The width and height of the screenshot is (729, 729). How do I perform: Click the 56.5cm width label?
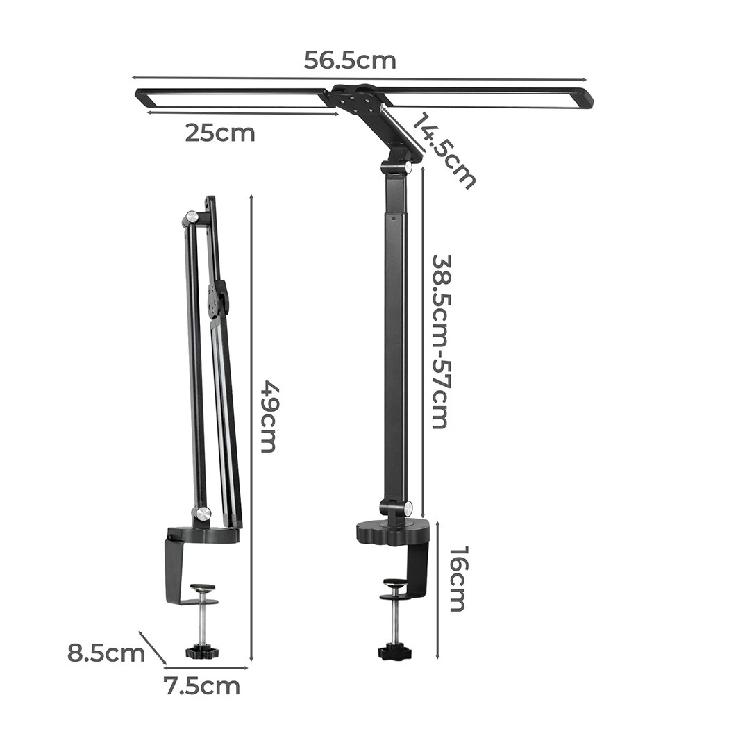pyautogui.click(x=350, y=60)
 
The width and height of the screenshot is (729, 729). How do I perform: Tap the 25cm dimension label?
pyautogui.click(x=219, y=132)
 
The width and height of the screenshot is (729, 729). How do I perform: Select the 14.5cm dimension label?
pyautogui.click(x=444, y=151)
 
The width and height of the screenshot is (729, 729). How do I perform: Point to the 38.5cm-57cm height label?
pyautogui.click(x=440, y=342)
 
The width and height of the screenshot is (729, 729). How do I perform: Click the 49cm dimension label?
pyautogui.click(x=268, y=416)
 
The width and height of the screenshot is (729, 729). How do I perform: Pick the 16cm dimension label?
pyautogui.click(x=457, y=578)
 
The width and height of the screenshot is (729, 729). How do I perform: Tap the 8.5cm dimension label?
pyautogui.click(x=106, y=653)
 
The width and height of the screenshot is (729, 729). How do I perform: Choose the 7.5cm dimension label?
pyautogui.click(x=201, y=686)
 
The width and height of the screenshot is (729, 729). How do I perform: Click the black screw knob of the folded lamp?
pyautogui.click(x=203, y=651)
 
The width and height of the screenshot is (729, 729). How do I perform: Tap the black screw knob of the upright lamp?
pyautogui.click(x=394, y=653)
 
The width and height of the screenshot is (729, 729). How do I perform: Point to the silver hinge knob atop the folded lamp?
pyautogui.click(x=190, y=218)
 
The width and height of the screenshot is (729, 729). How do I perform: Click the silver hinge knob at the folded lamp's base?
pyautogui.click(x=202, y=514)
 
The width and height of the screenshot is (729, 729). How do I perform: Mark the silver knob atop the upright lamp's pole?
pyautogui.click(x=407, y=168)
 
